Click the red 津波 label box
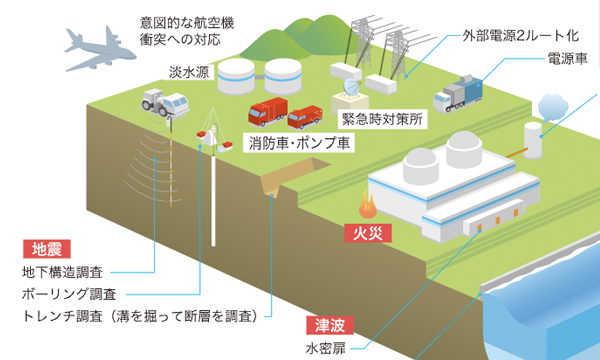tap(326, 325)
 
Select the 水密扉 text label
tap(325, 349)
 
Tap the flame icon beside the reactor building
tap(370, 210)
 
